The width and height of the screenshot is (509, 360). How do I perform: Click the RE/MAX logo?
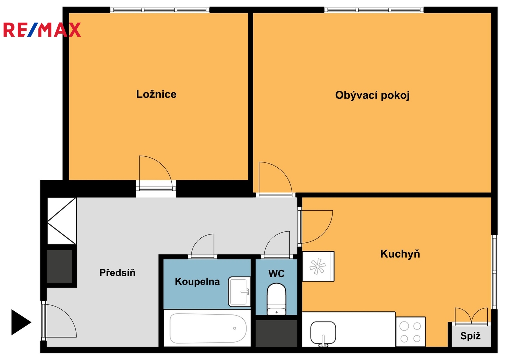42,30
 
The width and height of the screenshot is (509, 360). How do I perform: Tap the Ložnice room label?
156,94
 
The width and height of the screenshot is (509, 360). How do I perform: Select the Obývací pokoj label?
372,95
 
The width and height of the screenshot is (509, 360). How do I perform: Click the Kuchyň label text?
400,254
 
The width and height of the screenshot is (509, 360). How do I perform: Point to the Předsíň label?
117,273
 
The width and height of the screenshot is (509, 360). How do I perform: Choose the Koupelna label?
197,282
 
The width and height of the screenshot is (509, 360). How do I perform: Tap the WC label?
276,274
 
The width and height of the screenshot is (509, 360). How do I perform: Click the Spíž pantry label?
470,336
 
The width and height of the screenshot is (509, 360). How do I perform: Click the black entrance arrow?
21,322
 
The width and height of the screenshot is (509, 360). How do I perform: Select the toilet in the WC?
276,299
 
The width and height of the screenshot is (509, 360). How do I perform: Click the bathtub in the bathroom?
208,328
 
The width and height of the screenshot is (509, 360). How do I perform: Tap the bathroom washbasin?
239,292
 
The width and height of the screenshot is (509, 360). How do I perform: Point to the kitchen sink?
323,333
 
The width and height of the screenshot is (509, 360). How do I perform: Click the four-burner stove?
410,332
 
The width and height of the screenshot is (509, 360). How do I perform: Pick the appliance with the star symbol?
318,266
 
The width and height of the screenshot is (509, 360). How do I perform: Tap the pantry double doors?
471,316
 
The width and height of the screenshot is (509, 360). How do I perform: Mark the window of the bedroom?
160,10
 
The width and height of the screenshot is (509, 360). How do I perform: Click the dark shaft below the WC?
276,333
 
